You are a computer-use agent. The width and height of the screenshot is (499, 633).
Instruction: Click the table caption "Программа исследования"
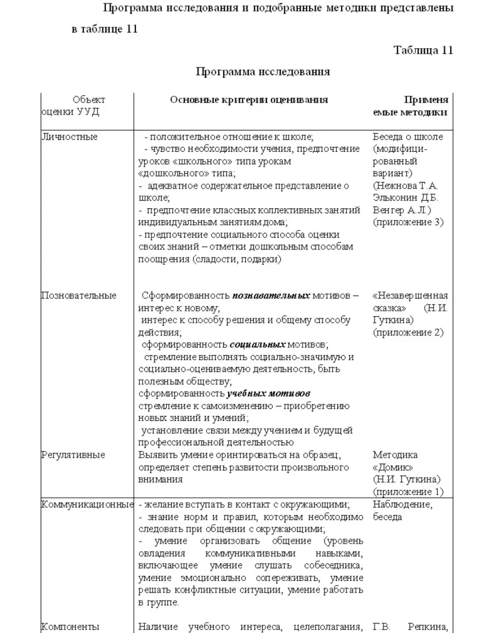263,72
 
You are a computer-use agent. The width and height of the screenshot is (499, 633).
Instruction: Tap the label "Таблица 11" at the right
423,50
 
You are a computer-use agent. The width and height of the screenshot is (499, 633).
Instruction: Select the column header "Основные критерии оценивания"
249,100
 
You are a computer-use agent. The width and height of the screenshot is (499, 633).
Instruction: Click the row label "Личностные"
69,137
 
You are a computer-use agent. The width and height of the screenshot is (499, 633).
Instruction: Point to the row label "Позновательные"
79,296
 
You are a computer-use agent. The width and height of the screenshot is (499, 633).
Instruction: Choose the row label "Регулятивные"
73,455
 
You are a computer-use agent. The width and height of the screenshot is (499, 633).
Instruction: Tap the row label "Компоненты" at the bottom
70,626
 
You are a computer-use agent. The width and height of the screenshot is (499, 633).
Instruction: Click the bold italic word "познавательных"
271,296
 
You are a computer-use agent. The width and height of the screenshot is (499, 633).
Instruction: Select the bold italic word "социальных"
258,345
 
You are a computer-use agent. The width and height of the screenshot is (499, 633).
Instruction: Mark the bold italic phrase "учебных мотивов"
269,394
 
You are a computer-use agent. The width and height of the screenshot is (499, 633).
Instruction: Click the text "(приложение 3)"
408,223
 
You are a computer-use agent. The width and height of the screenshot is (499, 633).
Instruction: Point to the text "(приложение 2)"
408,333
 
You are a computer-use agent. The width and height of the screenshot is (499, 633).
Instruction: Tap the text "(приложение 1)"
408,492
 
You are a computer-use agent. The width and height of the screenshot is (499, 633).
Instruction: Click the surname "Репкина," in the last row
428,626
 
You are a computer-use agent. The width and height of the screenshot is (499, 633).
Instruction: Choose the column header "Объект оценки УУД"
74,106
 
